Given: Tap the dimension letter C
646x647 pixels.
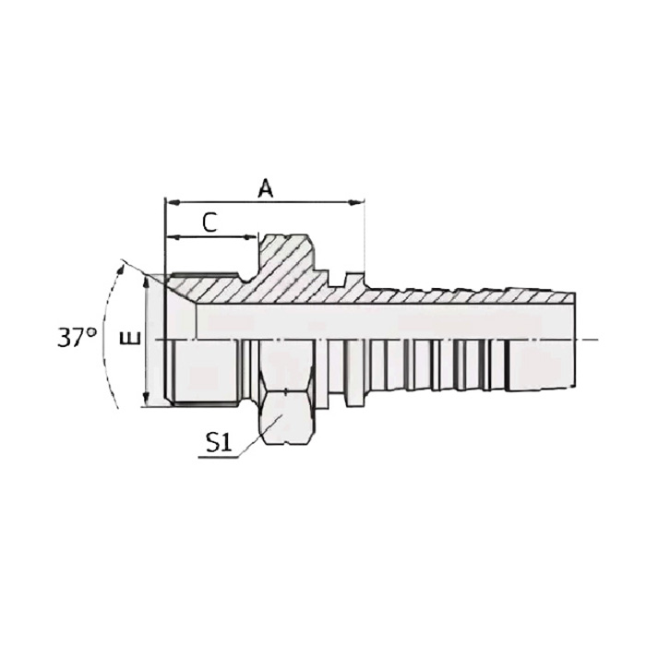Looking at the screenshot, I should tap(209, 222).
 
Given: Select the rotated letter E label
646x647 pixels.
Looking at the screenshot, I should tap(133, 339).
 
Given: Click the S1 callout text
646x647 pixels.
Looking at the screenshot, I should tap(218, 443).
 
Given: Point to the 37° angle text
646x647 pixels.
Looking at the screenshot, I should tap(78, 337).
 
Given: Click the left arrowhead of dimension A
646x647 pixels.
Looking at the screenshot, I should tap(170, 201).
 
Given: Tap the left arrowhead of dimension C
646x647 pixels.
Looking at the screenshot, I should tap(171, 238).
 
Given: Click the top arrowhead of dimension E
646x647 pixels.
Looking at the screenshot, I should tap(146, 280).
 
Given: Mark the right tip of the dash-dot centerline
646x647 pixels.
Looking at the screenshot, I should tap(597, 339).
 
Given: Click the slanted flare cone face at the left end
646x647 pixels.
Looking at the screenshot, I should tap(182, 290).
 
